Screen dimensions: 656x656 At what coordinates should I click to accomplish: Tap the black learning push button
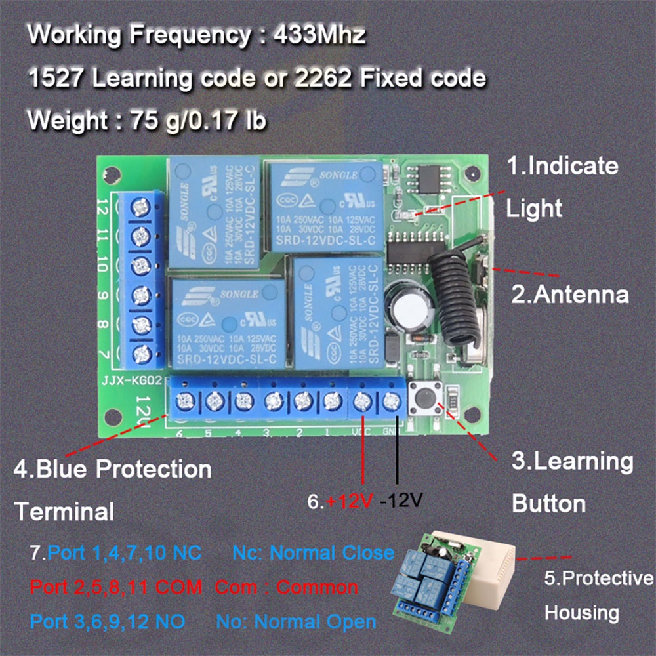pyautogui.click(x=424, y=398)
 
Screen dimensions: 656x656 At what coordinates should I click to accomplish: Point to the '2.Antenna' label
pyautogui.click(x=569, y=294)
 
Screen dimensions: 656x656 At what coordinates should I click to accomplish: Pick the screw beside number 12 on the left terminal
pyautogui.click(x=140, y=206)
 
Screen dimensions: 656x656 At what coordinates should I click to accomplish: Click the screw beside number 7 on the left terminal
pyautogui.click(x=140, y=355)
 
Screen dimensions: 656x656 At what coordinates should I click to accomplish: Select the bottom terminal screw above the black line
pyautogui.click(x=392, y=400)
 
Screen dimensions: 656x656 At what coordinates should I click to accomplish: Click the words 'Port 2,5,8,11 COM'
pyautogui.click(x=108, y=586)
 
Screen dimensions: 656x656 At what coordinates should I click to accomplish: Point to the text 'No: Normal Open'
pyautogui.click(x=305, y=621)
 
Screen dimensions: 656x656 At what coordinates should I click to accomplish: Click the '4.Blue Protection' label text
pyautogui.click(x=112, y=470)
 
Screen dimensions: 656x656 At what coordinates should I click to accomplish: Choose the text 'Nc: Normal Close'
pyautogui.click(x=313, y=552)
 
